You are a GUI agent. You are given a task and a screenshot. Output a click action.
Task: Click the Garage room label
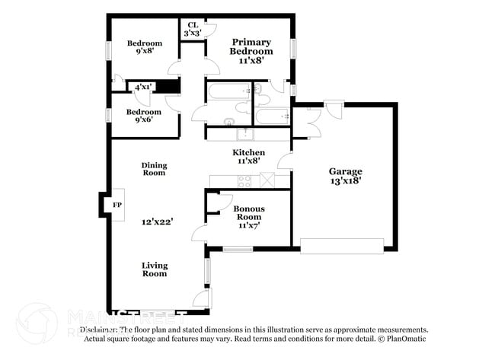[345, 171]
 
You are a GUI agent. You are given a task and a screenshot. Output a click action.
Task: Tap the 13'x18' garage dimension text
[345, 181]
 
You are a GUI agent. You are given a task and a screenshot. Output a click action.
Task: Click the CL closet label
[193, 25]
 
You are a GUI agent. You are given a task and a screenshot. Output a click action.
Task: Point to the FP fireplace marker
[118, 205]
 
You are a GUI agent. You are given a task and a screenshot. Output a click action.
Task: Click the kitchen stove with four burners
[245, 181]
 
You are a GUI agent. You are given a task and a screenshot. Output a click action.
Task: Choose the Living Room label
[154, 269]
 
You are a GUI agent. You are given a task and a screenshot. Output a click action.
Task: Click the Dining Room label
[154, 169]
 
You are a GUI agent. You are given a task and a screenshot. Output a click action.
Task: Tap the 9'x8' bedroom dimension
[143, 53]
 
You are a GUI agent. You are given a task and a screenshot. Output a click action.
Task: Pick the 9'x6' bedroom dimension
[143, 119]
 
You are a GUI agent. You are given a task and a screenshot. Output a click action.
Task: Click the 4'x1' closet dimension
[142, 88]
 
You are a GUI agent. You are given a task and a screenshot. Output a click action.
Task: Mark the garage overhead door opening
[342, 245]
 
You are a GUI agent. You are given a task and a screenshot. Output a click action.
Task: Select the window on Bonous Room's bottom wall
[237, 248]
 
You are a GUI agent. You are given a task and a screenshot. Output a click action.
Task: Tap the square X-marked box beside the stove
[267, 180]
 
